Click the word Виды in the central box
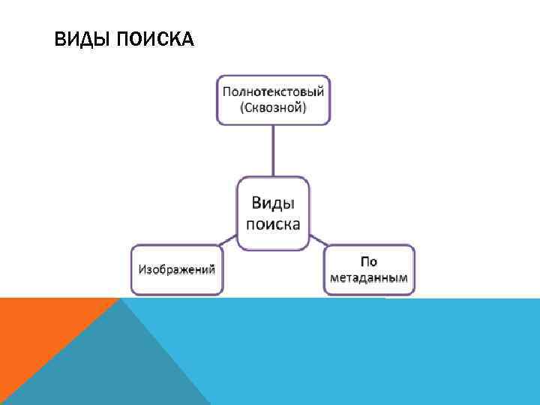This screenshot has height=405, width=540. point(272,204)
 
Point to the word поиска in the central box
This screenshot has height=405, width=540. point(273,224)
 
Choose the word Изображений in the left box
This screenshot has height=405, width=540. point(177,268)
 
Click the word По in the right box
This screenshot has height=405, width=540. point(368,262)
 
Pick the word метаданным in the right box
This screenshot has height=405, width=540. point(369,277)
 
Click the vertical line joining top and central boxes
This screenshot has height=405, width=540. point(273,150)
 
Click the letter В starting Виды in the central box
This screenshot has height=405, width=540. point(256,204)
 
